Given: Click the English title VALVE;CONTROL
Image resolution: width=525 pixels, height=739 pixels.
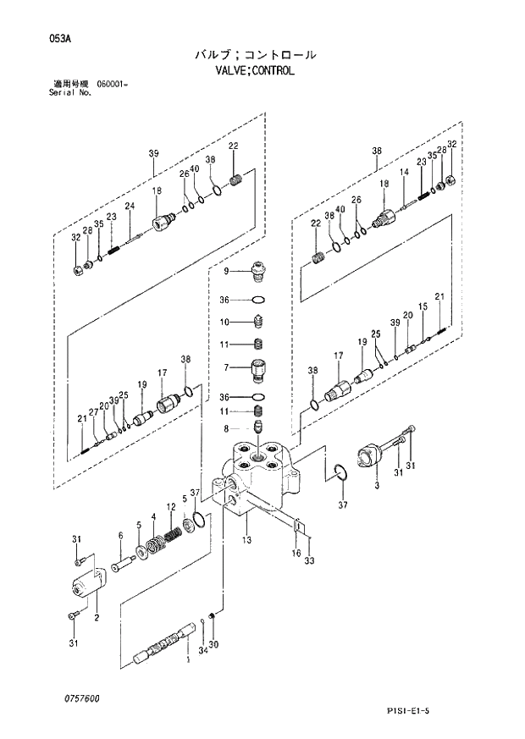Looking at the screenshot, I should pos(255,72).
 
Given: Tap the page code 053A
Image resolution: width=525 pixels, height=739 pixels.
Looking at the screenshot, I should pos(37,36).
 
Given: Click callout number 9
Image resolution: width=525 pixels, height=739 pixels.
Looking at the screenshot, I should pos(226,272).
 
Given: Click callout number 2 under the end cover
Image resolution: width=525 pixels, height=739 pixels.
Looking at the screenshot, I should pos(97,617).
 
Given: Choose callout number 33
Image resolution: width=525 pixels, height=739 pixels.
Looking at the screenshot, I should pos(310,561).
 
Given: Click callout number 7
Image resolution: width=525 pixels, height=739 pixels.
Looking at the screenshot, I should pos(226,367).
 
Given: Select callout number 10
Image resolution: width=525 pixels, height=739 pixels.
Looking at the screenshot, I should pos(225,322).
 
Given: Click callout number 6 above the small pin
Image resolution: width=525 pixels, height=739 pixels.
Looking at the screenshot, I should pos(120,535).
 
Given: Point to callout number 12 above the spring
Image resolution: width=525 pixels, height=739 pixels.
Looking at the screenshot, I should pos(170,507).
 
